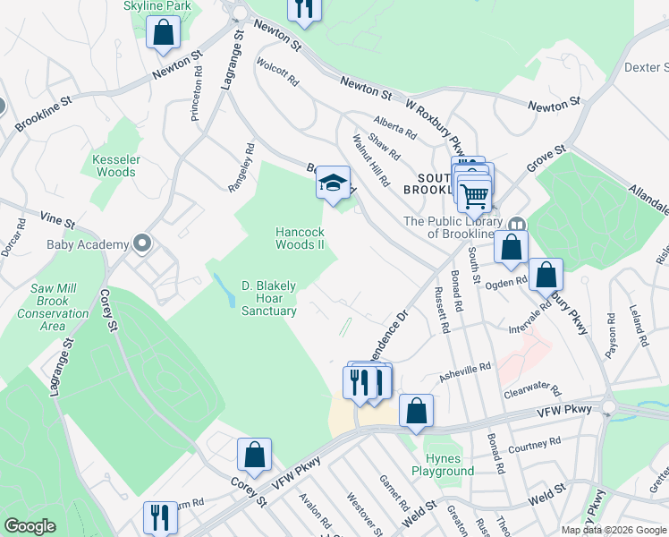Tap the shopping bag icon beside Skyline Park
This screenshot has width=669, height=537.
[x=164, y=32]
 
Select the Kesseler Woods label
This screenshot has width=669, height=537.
[x=115, y=166]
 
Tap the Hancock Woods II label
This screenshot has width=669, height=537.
[x=299, y=238]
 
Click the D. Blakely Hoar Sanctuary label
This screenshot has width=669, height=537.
[x=268, y=298]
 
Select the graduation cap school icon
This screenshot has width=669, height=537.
[x=333, y=183]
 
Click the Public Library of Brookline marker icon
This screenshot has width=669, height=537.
[x=516, y=226]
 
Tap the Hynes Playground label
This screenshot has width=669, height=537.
[x=444, y=465]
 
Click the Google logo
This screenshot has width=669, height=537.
[x=30, y=526]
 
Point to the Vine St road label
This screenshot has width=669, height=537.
[x=56, y=218]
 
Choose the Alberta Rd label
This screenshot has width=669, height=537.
[x=395, y=128]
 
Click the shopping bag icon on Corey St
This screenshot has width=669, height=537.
[x=255, y=454]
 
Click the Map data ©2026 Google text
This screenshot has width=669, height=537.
[x=614, y=530]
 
